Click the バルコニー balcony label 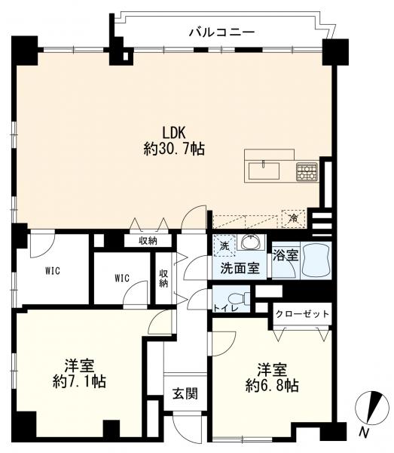click(222, 32)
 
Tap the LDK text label click(174, 133)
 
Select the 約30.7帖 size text click(174, 149)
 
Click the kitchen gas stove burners click(307, 172)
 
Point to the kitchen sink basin click(264, 171)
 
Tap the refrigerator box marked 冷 click(293, 219)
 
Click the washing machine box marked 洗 click(224, 246)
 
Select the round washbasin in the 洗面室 click(252, 242)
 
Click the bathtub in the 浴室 click(316, 260)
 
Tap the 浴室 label click(286, 256)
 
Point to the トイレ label click(226, 308)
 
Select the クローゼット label click(302, 314)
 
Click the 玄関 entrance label click(185, 393)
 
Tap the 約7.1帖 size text click(79, 382)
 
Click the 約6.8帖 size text click(272, 385)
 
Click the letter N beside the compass click(365, 433)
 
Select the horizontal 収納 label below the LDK click(148, 241)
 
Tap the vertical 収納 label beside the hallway click(163, 278)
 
